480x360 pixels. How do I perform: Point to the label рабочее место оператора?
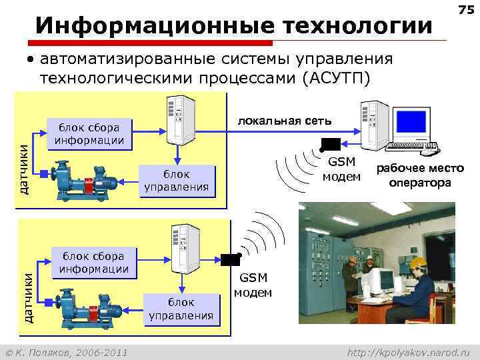tap(420, 176)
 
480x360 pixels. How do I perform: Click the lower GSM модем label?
tap(253, 286)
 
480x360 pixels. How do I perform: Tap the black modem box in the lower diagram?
tap(231, 260)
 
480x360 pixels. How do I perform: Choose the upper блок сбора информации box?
tap(89, 133)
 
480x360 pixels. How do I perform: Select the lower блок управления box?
tap(181, 309)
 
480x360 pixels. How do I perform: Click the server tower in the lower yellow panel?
tap(183, 248)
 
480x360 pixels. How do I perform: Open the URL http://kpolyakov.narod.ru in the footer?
tap(409, 351)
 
